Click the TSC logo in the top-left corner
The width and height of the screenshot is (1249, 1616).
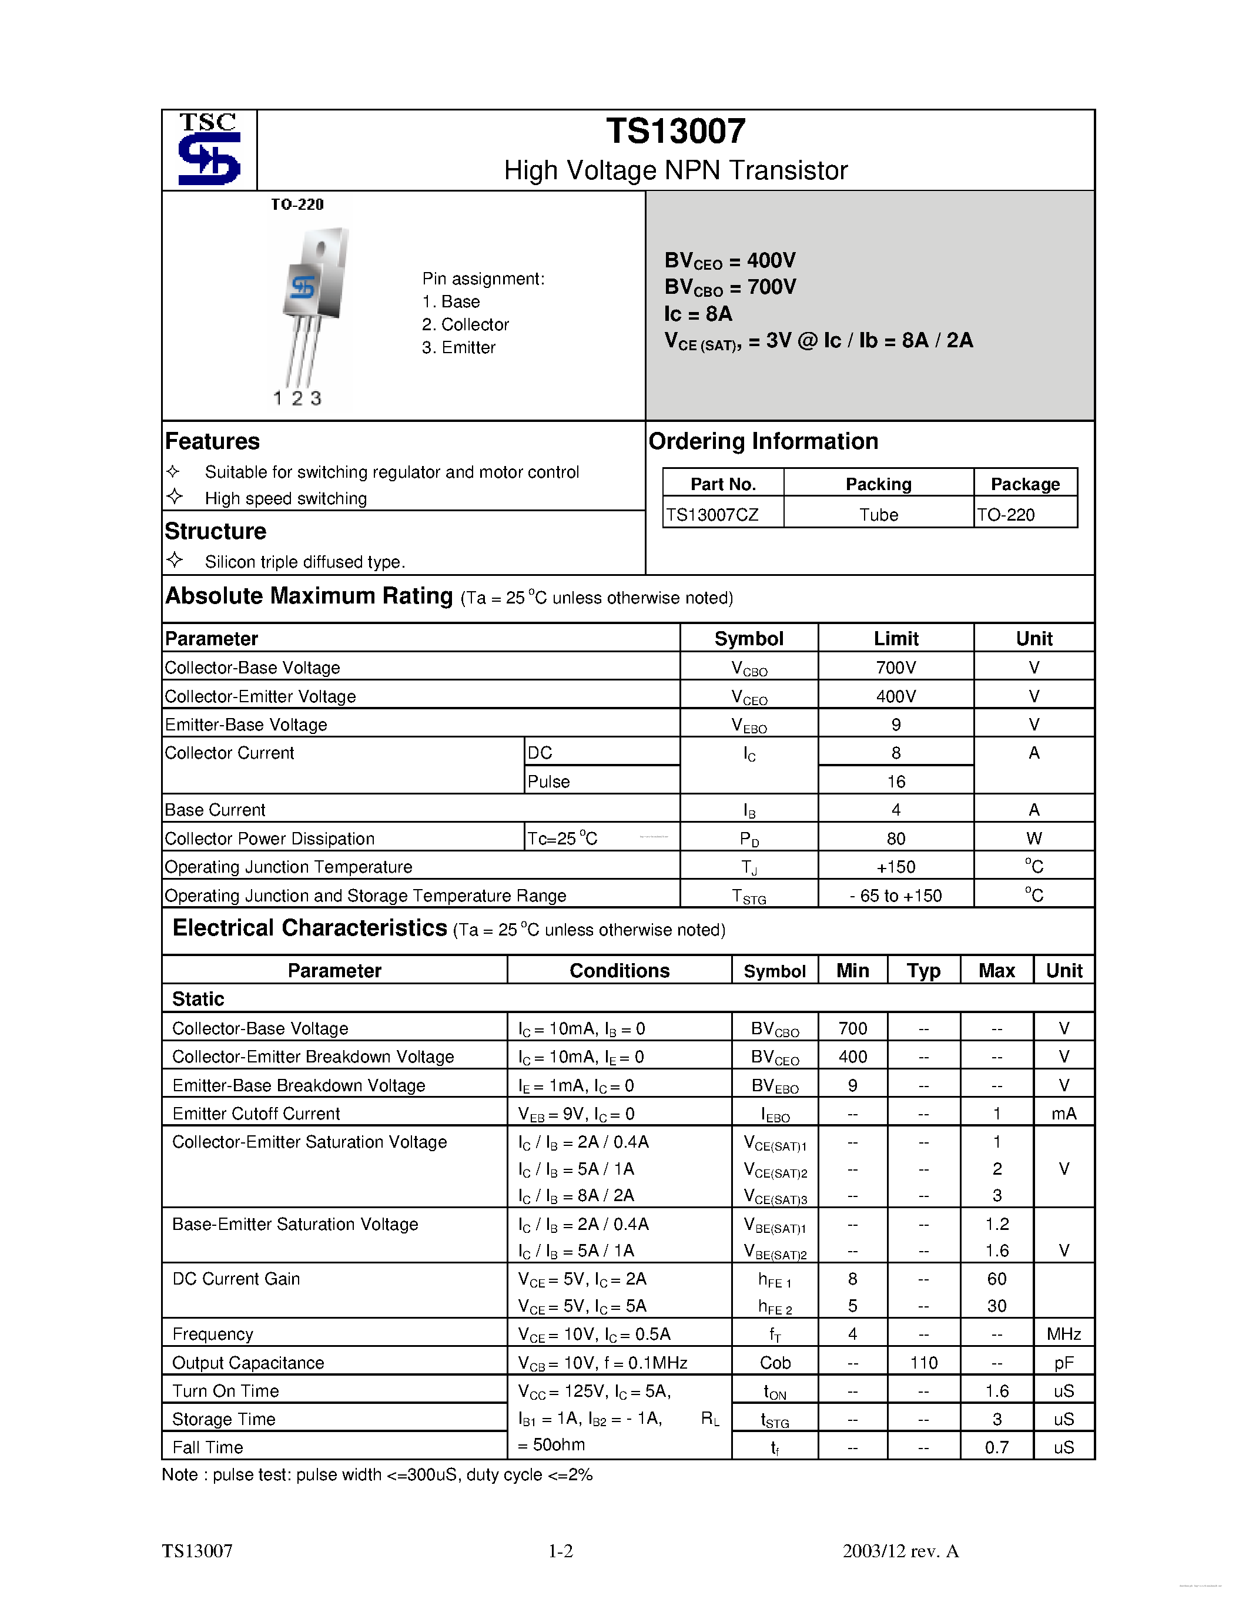click(209, 149)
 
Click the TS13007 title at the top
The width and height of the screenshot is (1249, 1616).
click(675, 132)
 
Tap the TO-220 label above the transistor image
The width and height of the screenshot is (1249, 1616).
click(297, 204)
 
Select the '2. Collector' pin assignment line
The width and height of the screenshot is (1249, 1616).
click(466, 325)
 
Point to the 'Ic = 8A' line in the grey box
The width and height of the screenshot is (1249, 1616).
click(698, 314)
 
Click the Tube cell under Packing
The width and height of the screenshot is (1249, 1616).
click(878, 514)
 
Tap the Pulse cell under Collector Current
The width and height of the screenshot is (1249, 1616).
click(548, 782)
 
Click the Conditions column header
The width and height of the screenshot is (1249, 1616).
click(620, 971)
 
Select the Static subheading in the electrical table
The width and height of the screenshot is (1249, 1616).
click(198, 999)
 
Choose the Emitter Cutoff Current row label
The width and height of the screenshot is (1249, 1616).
click(256, 1114)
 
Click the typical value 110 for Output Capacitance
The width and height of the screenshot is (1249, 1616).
click(923, 1362)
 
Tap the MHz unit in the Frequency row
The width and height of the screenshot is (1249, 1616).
click(1063, 1334)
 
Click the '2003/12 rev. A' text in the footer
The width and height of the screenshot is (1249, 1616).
click(900, 1551)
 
